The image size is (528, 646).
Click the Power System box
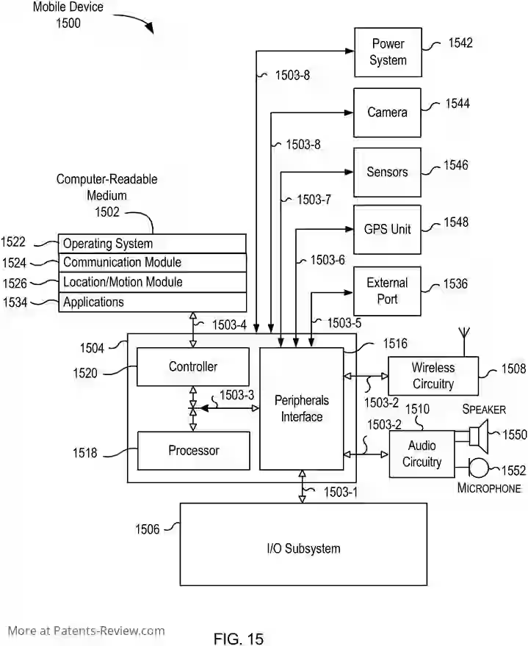[x=388, y=52]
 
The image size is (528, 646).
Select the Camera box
[x=387, y=112]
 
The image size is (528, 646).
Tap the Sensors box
[x=387, y=172]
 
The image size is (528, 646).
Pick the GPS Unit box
[x=387, y=229]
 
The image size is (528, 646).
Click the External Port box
[x=387, y=291]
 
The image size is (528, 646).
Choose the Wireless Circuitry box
[x=433, y=376]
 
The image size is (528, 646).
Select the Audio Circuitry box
[x=421, y=454]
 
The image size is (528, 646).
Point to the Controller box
[x=193, y=367]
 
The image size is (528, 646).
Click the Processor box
[x=193, y=450]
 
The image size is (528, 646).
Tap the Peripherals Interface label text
[x=301, y=409]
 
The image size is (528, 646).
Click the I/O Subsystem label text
[x=303, y=548]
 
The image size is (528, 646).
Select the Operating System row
[x=152, y=244]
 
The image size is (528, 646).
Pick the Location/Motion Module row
[x=152, y=282]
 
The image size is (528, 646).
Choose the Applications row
[x=152, y=302]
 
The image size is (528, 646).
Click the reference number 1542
[x=460, y=43]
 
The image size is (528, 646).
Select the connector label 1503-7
[x=314, y=199]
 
